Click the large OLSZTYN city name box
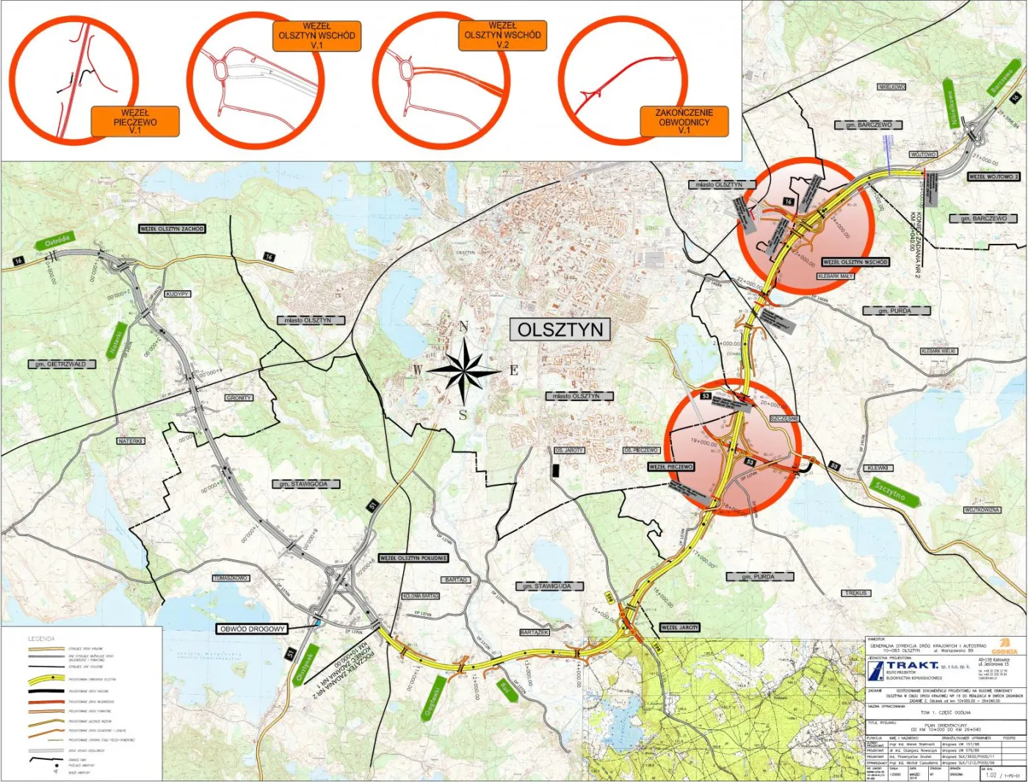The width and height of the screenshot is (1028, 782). [x=560, y=330]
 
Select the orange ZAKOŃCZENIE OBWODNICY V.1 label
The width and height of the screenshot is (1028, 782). [x=684, y=122]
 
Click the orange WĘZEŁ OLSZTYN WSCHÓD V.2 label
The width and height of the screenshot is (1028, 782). [x=502, y=35]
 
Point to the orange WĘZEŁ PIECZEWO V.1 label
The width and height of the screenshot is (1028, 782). [x=135, y=122]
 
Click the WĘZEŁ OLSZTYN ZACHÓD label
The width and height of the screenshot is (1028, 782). [x=172, y=229]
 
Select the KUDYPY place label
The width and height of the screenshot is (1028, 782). [x=178, y=294]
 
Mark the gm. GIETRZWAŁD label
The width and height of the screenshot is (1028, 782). [x=62, y=364]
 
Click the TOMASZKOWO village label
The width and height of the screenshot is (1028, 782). [x=231, y=578]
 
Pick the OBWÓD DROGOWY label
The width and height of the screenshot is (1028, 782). [x=252, y=629]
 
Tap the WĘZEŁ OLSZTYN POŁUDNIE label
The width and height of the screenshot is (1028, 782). [x=413, y=558]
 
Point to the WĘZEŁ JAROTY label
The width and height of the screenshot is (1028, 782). [x=679, y=628]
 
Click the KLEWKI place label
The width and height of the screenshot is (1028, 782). [x=877, y=468]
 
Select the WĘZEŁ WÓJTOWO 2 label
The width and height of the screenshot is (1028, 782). [x=993, y=177]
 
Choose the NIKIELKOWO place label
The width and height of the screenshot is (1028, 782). [x=891, y=87]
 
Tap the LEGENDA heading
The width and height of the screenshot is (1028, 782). [x=41, y=639]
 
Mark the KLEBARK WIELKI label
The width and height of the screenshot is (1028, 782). [x=938, y=352]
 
